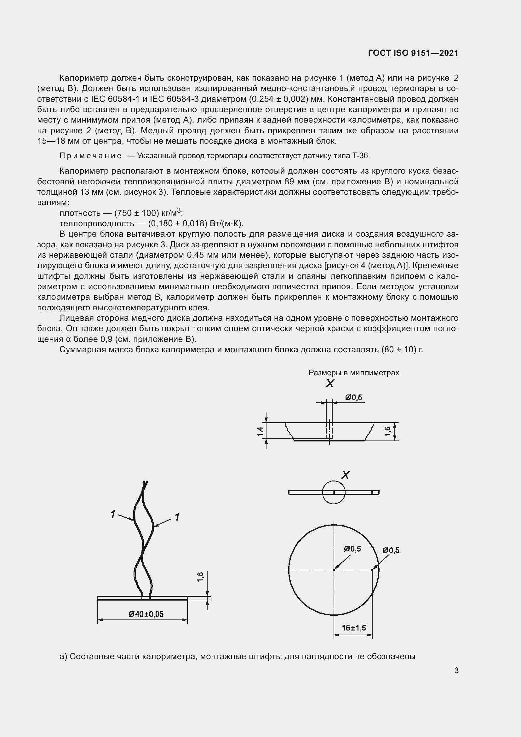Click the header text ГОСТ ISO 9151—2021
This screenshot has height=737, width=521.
click(x=413, y=53)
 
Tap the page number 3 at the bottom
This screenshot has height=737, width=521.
click(x=456, y=670)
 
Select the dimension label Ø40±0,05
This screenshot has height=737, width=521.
click(x=146, y=614)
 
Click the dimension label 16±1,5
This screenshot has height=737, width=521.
click(x=354, y=628)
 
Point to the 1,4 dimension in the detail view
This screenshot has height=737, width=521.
click(x=260, y=431)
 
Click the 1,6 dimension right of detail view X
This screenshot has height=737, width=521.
click(x=387, y=431)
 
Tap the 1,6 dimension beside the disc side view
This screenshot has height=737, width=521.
click(x=200, y=577)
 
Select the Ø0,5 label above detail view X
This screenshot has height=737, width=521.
click(x=353, y=397)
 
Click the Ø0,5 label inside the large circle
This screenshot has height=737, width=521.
click(x=352, y=549)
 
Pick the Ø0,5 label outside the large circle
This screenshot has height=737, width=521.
click(x=391, y=550)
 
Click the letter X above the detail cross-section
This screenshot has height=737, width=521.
click(x=330, y=383)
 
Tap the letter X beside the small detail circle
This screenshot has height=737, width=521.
click(x=345, y=475)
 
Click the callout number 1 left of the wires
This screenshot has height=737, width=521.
click(x=113, y=514)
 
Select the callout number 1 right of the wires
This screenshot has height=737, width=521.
click(x=177, y=517)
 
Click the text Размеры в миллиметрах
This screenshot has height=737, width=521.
click(x=353, y=373)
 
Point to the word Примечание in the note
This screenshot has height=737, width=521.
click(x=90, y=156)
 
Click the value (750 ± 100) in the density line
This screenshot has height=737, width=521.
click(x=137, y=213)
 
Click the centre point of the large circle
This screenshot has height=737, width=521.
click(x=334, y=570)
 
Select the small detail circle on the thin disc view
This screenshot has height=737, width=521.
click(x=334, y=492)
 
